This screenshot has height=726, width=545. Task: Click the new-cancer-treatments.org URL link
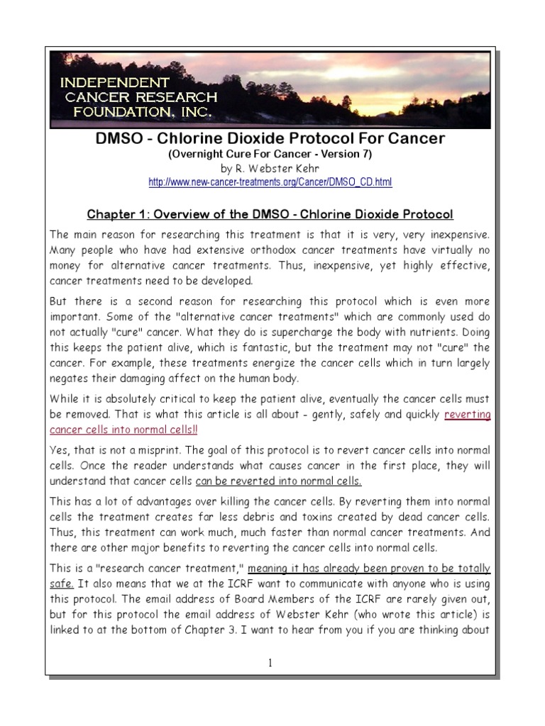pyautogui.click(x=270, y=183)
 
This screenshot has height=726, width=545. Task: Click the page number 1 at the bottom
pyautogui.click(x=270, y=663)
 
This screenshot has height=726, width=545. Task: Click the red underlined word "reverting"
pyautogui.click(x=467, y=415)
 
